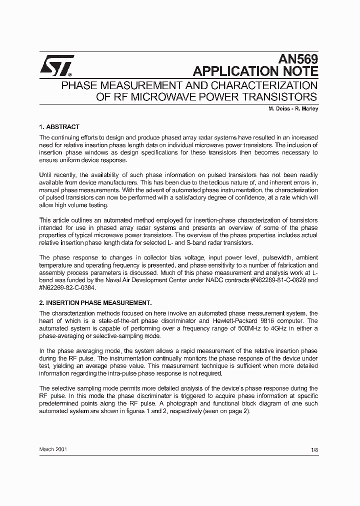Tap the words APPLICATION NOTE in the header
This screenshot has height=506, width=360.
[x=255, y=71]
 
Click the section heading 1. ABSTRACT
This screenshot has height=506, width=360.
[x=59, y=127]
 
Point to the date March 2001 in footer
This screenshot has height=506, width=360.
[x=53, y=449]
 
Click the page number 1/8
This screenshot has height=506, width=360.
[x=314, y=450]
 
